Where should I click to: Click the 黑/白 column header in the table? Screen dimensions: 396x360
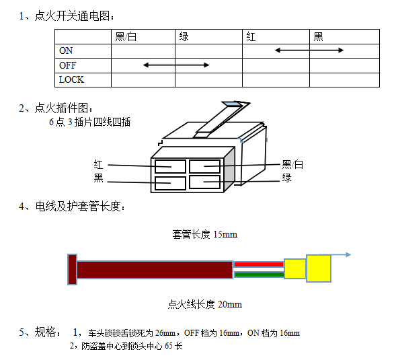(x=126, y=36)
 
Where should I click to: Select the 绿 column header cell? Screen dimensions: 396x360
(x=184, y=36)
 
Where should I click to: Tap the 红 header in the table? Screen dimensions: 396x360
(x=251, y=37)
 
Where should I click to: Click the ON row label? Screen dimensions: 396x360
(x=66, y=51)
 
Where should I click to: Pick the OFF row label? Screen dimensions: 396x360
(x=67, y=65)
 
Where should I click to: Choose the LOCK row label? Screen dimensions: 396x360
(x=71, y=79)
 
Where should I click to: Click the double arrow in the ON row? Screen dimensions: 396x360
(x=309, y=50)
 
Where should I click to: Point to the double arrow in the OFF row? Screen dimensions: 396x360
(x=176, y=65)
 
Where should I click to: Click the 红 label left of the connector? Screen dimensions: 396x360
(x=98, y=165)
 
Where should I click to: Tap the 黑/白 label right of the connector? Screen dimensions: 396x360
(x=292, y=165)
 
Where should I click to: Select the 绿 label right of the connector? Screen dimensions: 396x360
(x=286, y=178)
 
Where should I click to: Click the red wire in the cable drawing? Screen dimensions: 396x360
(x=259, y=264)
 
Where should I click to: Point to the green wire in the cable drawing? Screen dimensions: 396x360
(x=260, y=275)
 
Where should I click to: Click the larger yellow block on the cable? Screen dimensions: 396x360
(x=319, y=268)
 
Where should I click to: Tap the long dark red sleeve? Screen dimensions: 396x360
(x=155, y=270)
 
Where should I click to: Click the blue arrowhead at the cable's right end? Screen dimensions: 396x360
(x=348, y=254)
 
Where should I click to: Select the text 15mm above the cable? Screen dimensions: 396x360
(x=225, y=235)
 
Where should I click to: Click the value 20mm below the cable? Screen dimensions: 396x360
(x=230, y=304)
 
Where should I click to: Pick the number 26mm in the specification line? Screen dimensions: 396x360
(x=165, y=333)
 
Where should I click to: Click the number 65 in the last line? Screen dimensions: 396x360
(x=168, y=346)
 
